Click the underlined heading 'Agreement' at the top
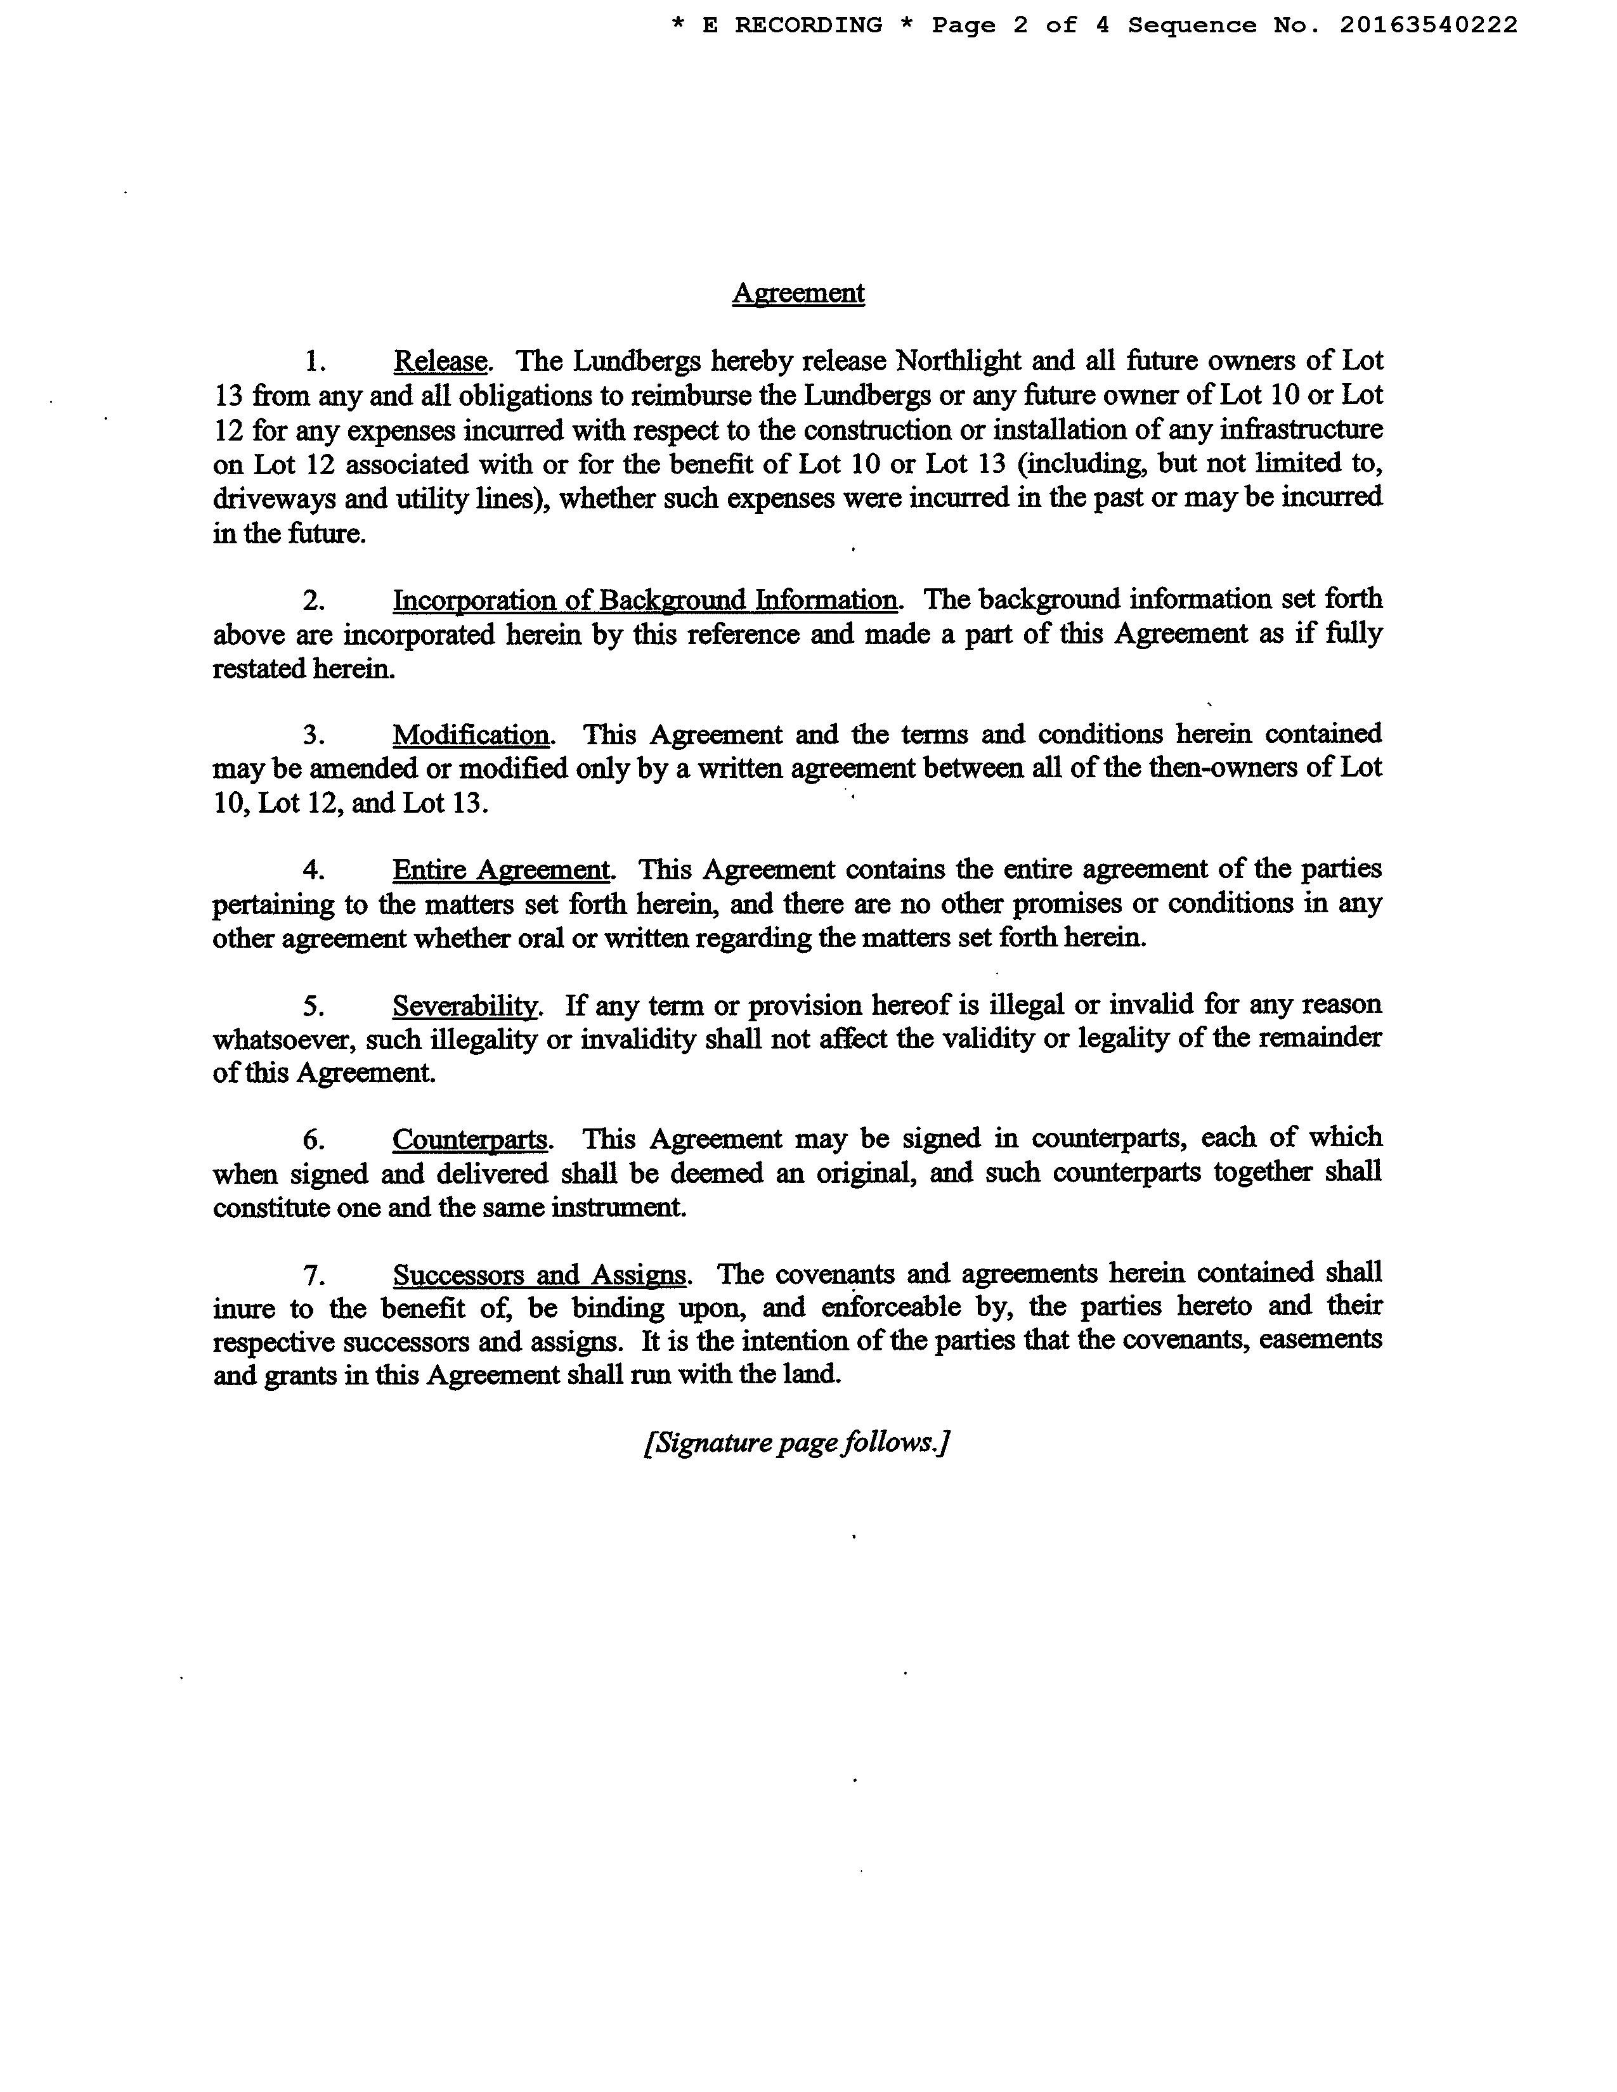tap(798, 293)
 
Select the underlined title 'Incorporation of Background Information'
tap(645, 600)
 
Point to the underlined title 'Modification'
tap(471, 735)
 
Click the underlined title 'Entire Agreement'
tap(501, 870)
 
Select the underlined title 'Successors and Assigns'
tap(540, 1275)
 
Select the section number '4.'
tap(314, 870)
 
